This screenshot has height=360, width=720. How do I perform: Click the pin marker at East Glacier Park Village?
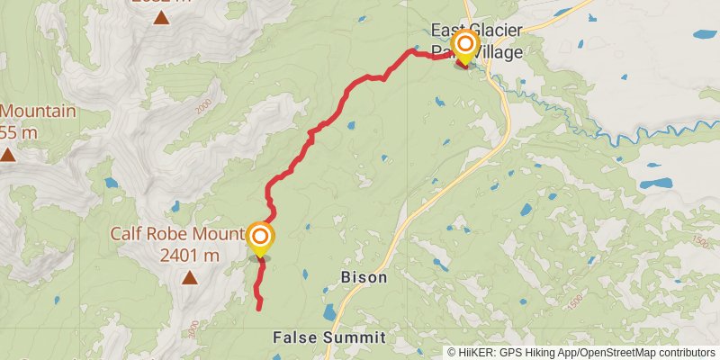pyautogui.click(x=465, y=45)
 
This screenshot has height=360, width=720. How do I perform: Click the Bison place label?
pyautogui.click(x=364, y=277)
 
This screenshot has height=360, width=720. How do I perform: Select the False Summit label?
pyautogui.click(x=328, y=338)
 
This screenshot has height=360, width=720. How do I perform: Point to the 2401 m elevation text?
pyautogui.click(x=189, y=255)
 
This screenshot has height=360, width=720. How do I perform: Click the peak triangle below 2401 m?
pyautogui.click(x=189, y=278)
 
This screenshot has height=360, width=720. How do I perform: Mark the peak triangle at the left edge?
pyautogui.click(x=7, y=154)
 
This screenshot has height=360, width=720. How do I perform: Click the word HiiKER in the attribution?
pyautogui.click(x=477, y=353)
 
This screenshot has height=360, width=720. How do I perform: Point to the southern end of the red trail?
pyautogui.click(x=259, y=309)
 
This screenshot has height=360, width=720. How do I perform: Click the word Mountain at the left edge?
pyautogui.click(x=38, y=112)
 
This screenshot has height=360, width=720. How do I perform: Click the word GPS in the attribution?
pyautogui.click(x=511, y=353)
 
